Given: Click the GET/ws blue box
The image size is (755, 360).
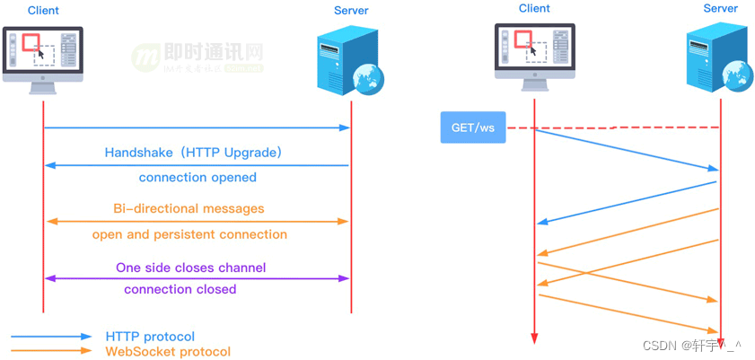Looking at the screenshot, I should (472, 127).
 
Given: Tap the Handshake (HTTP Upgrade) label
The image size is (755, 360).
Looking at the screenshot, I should (194, 153).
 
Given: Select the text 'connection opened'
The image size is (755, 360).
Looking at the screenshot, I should (198, 177).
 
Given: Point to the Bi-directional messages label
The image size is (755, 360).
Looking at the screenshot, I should (189, 208).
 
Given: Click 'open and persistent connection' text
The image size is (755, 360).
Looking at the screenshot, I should (189, 234).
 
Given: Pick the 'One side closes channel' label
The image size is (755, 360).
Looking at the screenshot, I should (190, 268).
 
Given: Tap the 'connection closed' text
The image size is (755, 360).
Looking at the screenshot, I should (180, 289).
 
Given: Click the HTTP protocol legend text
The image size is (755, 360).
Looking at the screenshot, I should (150, 337).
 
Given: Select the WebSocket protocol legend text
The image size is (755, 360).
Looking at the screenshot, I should (168, 352).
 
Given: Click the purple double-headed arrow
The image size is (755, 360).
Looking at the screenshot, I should (197, 278).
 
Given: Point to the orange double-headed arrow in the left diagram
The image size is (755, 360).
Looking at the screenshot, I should (197, 221).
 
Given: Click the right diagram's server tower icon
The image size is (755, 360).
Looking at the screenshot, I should (718, 55).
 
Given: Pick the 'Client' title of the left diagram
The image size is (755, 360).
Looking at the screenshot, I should (44, 11).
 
